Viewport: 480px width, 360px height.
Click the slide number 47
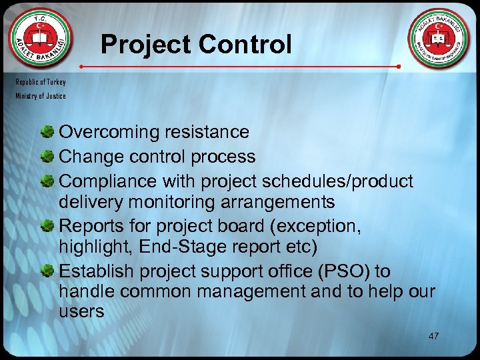click(x=433, y=335)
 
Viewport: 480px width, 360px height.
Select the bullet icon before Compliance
click(x=49, y=181)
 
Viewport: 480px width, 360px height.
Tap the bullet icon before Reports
click(x=49, y=227)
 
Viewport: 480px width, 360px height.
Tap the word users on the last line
click(x=81, y=311)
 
